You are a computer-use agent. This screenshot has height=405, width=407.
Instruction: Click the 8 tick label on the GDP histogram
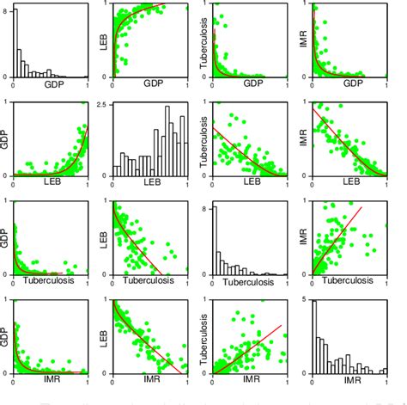click(x=8, y=11)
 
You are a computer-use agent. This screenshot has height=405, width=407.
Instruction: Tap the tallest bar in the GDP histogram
click(x=16, y=43)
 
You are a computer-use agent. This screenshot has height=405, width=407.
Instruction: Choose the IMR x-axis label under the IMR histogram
click(x=349, y=377)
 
